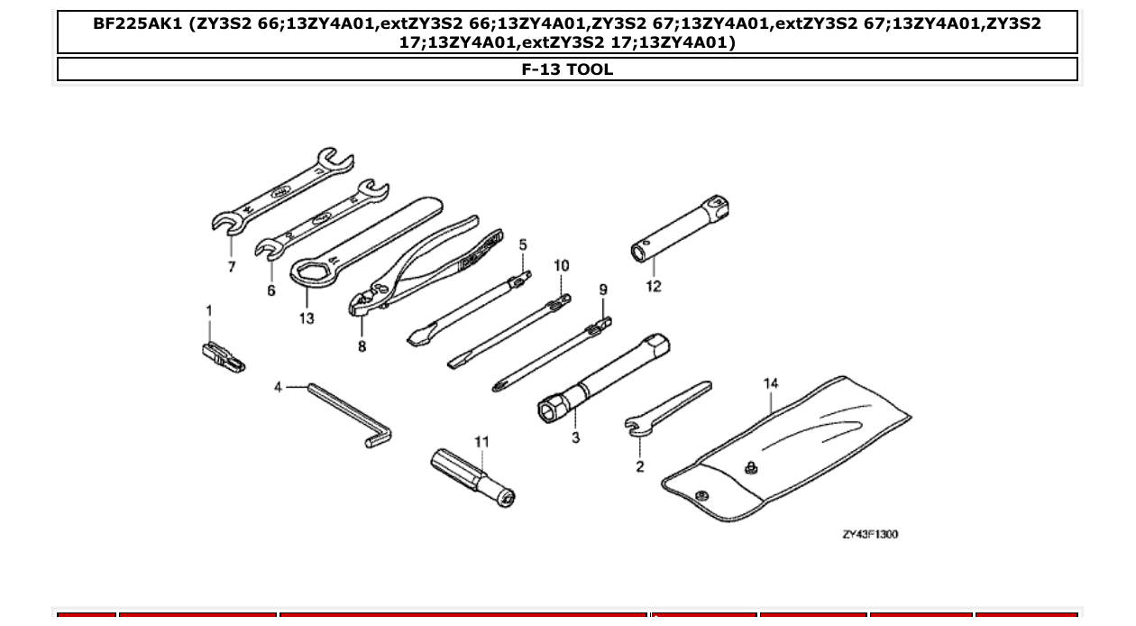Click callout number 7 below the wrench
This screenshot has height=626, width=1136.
232,267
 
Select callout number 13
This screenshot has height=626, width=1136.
307,318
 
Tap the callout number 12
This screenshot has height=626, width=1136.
654,287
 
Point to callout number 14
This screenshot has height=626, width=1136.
771,383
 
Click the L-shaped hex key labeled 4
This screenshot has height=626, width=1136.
347,413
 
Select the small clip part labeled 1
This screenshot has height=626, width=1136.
221,356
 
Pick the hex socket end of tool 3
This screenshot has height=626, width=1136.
551,410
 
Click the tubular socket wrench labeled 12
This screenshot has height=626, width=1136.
682,231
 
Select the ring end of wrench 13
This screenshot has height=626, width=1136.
311,271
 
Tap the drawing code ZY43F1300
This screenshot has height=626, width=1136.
870,535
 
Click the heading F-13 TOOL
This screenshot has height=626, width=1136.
567,69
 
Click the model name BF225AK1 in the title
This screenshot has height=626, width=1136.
137,23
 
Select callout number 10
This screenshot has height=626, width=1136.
562,265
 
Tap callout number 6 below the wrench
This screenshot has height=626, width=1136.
271,290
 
